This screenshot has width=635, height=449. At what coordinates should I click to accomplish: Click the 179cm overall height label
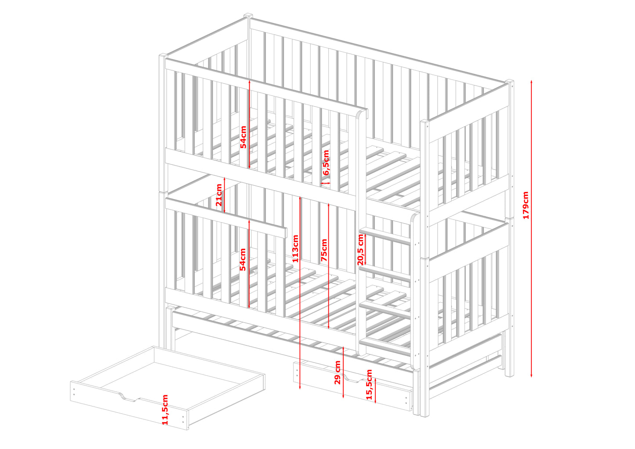point(526,205)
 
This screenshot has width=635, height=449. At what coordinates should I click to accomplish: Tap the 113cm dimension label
point(295,249)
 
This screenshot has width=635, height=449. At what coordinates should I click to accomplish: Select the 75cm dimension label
point(324,250)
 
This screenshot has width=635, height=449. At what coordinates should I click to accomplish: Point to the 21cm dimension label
point(219,195)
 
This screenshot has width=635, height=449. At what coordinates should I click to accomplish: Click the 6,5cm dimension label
point(326,163)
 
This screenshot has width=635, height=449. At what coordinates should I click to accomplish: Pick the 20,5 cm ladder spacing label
point(360,250)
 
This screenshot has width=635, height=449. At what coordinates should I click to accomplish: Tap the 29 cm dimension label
point(337,373)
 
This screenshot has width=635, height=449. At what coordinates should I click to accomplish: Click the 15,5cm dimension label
point(369,384)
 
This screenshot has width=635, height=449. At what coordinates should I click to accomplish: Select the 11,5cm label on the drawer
point(165,409)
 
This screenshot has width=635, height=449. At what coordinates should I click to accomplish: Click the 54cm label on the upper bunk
point(243,137)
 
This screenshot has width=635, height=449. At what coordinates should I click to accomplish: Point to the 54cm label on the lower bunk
point(243,260)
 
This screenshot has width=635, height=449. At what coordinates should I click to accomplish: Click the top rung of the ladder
point(385,236)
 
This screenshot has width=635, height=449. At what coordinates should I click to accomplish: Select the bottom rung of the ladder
point(385,348)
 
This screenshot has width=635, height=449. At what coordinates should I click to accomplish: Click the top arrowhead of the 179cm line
point(531,81)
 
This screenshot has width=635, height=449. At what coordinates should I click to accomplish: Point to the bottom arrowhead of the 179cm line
point(531,377)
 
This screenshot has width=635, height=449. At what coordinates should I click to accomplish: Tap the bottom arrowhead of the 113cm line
point(300,388)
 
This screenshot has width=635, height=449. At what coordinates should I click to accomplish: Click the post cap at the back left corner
point(248,15)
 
